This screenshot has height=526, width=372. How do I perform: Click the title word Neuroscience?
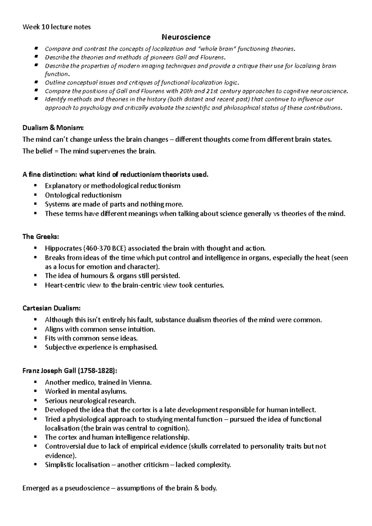pyautogui.click(x=186, y=37)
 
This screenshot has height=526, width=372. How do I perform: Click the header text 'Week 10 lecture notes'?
pyautogui.click(x=56, y=27)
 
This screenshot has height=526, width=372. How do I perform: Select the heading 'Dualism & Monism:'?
pyautogui.click(x=53, y=128)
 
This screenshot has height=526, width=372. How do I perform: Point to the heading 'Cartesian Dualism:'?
pyautogui.click(x=51, y=308)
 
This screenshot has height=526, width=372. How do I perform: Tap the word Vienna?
pyautogui.click(x=141, y=382)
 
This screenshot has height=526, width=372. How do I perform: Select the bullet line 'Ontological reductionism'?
pyautogui.click(x=83, y=195)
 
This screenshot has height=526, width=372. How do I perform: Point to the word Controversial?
pyautogui.click(x=65, y=446)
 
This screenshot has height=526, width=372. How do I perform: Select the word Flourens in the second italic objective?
pyautogui.click(x=211, y=57)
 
